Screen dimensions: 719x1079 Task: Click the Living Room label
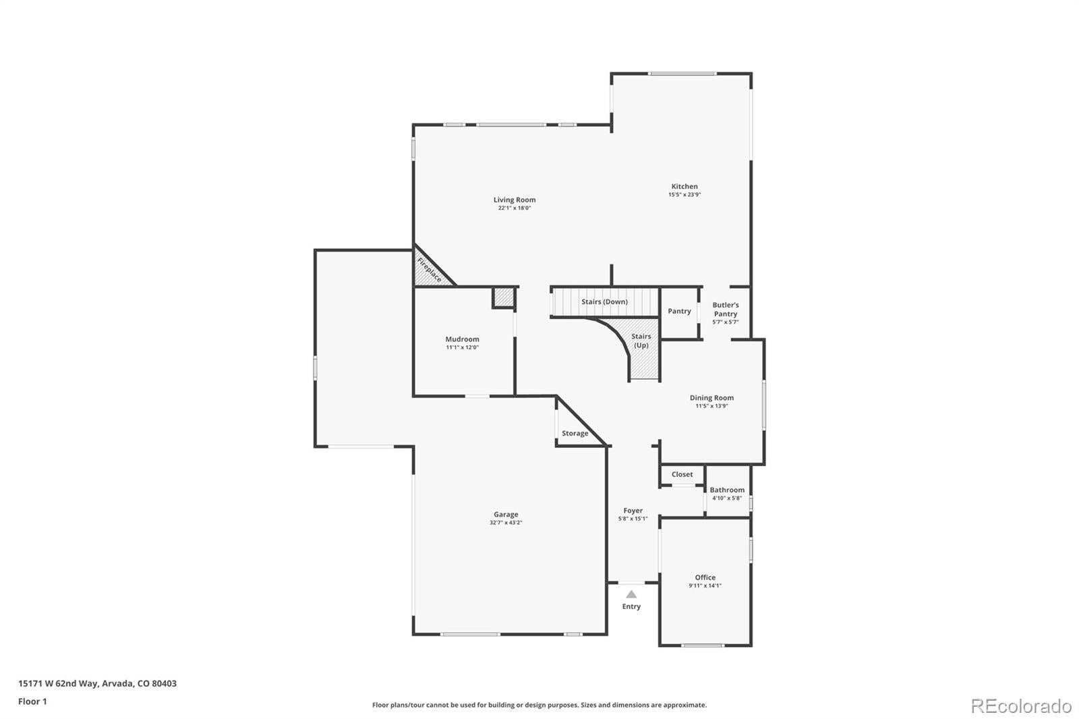click(x=514, y=200)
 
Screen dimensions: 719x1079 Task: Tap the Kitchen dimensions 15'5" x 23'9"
click(x=684, y=195)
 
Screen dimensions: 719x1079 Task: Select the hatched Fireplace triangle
click(x=428, y=270)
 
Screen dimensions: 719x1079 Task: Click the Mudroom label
click(x=462, y=339)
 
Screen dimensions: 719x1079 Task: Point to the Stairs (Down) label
click(x=604, y=301)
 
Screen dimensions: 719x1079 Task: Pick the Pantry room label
click(x=679, y=311)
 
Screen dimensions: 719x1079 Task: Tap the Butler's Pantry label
click(x=725, y=310)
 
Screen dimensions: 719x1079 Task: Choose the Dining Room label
click(x=711, y=398)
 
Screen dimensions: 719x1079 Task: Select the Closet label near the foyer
click(x=682, y=474)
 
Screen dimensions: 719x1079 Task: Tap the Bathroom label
click(x=727, y=490)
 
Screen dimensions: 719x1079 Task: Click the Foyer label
click(x=633, y=511)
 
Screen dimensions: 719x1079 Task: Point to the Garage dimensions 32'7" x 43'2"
click(x=506, y=523)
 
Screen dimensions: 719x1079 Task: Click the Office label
click(x=705, y=577)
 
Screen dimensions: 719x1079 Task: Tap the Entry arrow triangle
click(x=631, y=594)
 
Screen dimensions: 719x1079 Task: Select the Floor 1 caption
click(x=32, y=701)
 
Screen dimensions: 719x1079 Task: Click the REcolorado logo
click(x=1020, y=706)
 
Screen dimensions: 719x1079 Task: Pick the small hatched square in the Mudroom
click(x=503, y=297)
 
